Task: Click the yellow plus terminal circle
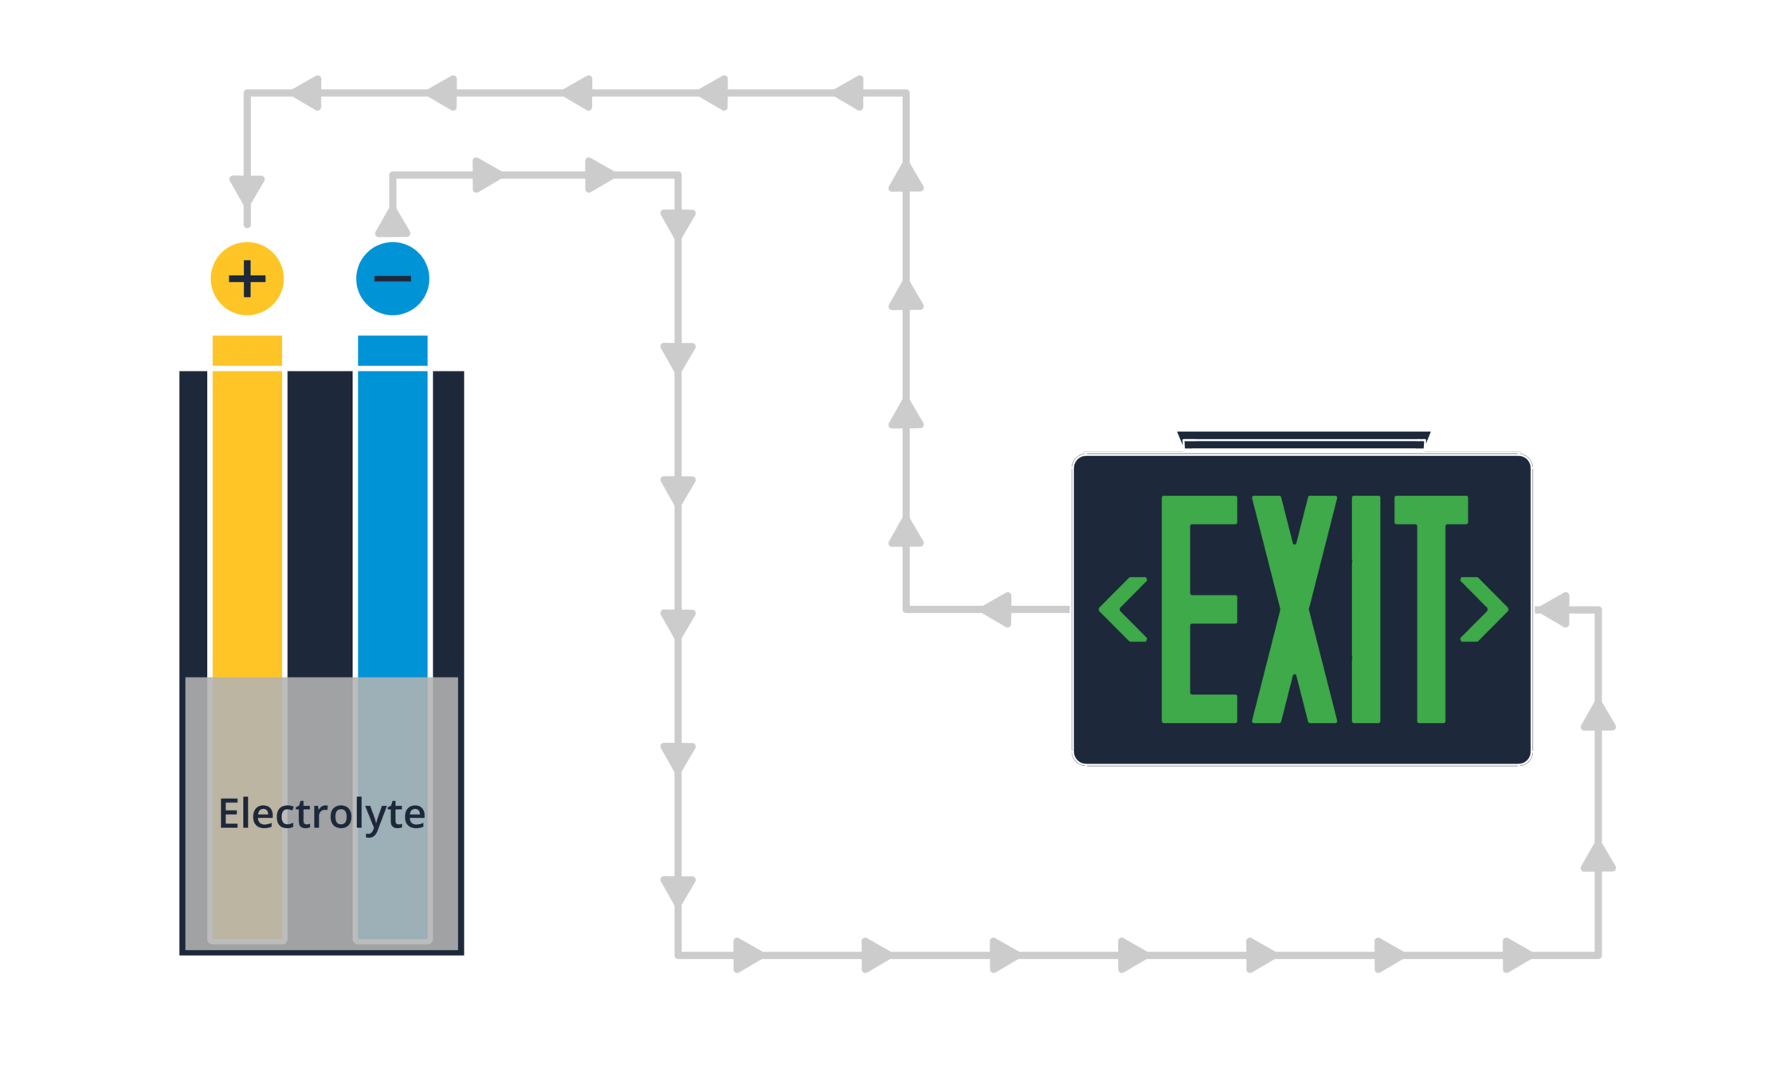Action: (247, 279)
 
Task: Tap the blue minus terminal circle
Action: (392, 279)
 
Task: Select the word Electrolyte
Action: (322, 815)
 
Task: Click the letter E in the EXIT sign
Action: (1197, 610)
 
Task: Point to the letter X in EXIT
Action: (1294, 610)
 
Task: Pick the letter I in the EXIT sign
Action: (1366, 610)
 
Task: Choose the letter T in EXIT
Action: (1431, 610)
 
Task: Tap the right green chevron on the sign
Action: (1484, 610)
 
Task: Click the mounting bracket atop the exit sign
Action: (1304, 440)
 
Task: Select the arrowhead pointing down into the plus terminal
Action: (247, 191)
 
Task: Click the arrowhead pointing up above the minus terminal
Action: (392, 222)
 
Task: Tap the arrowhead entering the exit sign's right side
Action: (1554, 610)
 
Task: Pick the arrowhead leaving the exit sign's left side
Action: (996, 610)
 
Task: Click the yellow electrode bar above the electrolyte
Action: (247, 502)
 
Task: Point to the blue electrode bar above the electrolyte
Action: (392, 502)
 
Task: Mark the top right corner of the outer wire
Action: (906, 93)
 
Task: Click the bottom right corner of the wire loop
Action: (1598, 954)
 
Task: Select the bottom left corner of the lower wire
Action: (678, 954)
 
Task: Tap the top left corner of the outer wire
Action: (247, 94)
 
